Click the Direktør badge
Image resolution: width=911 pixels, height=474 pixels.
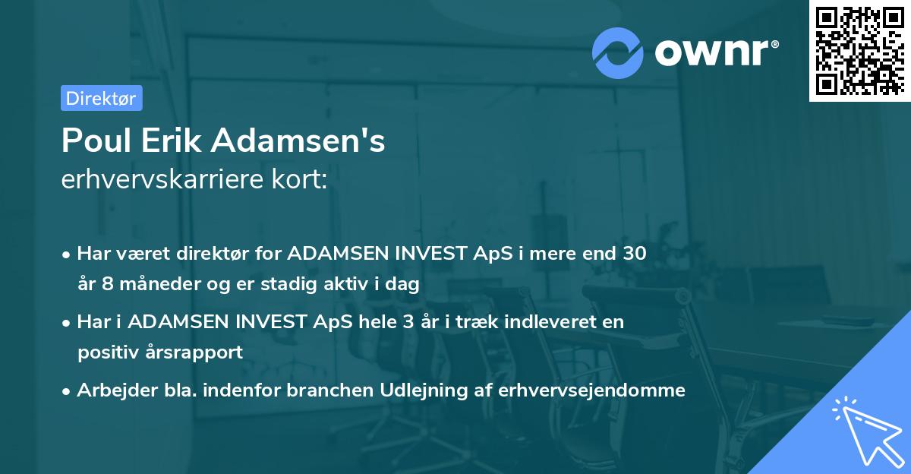coord(101,98)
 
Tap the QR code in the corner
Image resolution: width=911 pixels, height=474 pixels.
coord(859,51)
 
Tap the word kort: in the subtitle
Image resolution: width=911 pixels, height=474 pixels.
coord(302,179)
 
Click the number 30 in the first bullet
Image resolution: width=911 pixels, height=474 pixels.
coord(635,254)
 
